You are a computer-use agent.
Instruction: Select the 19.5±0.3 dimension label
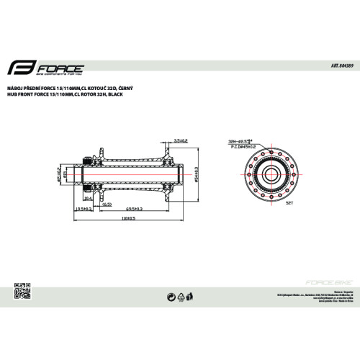pyautogui.click(x=86, y=207)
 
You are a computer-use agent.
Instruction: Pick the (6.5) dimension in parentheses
pyautogui.click(x=106, y=204)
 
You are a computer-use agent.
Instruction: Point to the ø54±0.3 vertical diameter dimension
pyautogui.click(x=195, y=173)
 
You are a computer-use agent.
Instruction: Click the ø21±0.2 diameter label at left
pyautogui.click(x=60, y=173)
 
